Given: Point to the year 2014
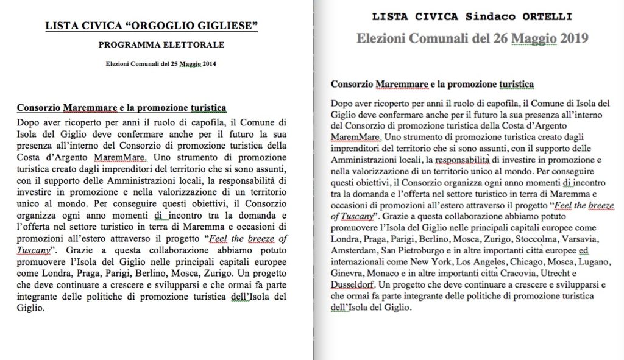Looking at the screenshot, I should [x=210, y=63].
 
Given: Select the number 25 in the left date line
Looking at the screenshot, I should [x=167, y=63].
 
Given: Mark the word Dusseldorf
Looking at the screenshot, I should [x=352, y=284].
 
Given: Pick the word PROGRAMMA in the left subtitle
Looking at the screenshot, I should [x=129, y=45].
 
